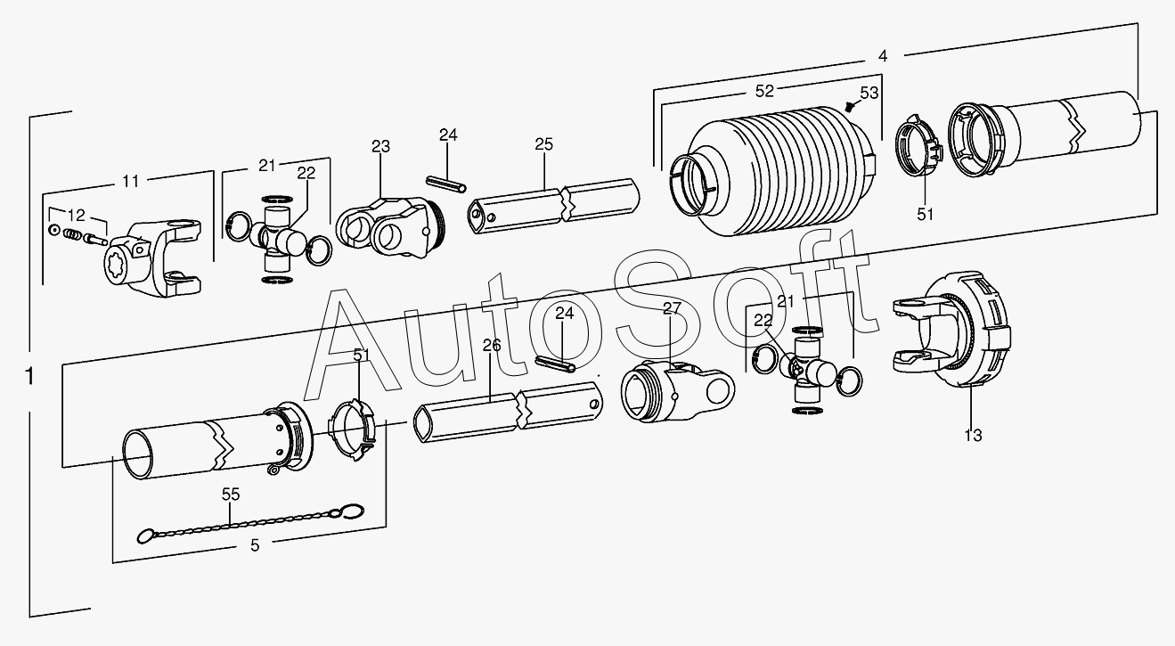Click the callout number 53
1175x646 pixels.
click(869, 93)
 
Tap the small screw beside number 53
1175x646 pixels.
click(850, 107)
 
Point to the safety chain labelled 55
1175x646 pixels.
click(249, 524)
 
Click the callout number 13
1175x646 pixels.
click(973, 435)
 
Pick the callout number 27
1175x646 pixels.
click(672, 308)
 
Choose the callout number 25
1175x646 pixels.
click(544, 144)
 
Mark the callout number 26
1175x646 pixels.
click(492, 346)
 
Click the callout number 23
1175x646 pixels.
click(380, 146)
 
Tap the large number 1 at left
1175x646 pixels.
click(30, 377)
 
